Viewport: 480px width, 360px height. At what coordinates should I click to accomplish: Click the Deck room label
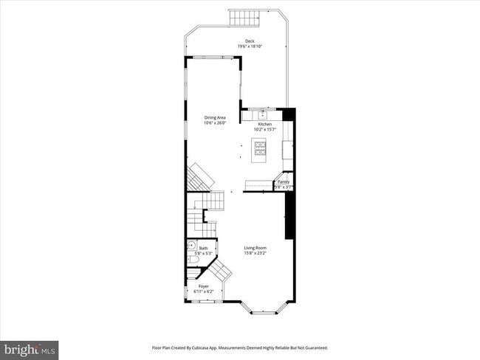[x=250, y=41]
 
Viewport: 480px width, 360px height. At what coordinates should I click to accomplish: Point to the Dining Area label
[x=215, y=117]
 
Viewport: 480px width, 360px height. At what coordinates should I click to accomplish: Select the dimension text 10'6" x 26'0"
[x=215, y=123]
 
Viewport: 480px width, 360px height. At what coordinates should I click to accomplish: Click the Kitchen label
[x=264, y=124]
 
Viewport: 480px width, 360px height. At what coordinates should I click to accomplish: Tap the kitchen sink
[x=263, y=114]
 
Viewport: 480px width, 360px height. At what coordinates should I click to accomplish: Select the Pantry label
[x=284, y=181]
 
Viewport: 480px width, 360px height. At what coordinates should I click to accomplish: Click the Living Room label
[x=256, y=248]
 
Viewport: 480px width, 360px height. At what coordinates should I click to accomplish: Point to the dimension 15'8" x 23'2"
[x=256, y=254]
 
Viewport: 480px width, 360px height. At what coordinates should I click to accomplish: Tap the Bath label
[x=203, y=248]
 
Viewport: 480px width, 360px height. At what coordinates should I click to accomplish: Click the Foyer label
[x=203, y=285]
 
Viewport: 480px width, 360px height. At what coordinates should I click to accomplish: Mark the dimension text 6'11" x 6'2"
[x=203, y=291]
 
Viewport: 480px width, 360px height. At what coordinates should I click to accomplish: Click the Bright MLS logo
[x=30, y=350]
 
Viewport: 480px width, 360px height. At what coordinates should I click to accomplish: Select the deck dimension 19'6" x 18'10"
[x=250, y=46]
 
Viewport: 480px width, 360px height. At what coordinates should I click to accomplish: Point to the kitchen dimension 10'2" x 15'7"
[x=264, y=130]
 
